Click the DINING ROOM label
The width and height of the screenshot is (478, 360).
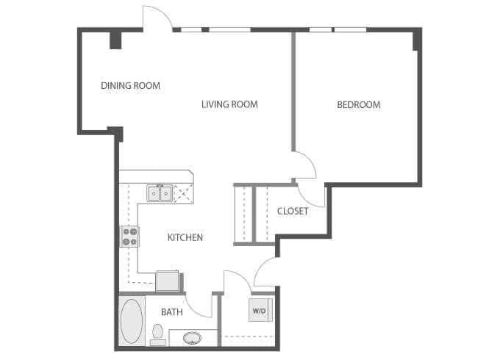[130, 86]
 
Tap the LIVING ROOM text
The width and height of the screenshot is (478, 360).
[229, 104]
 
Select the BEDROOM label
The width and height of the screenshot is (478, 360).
[358, 104]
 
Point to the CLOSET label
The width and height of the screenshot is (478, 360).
[292, 212]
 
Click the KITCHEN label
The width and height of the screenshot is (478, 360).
[185, 237]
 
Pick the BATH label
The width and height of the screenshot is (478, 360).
[171, 312]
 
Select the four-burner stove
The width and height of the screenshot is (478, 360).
[130, 237]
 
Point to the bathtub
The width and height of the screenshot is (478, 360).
[132, 320]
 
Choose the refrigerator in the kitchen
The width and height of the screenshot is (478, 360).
[168, 281]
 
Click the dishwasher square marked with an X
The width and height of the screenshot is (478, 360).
[182, 194]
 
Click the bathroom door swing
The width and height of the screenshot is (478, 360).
[199, 305]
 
